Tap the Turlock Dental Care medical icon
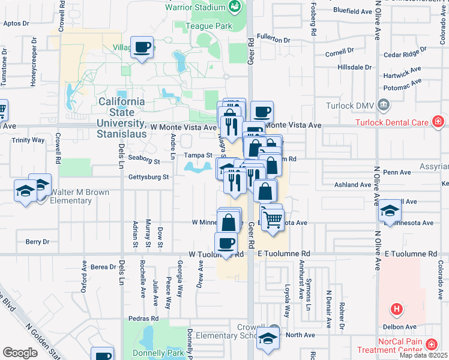(x=439, y=122)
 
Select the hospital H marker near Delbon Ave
(x=396, y=310)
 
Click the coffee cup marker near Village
(x=142, y=47)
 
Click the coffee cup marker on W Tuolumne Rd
(x=226, y=243)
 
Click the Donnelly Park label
(x=145, y=352)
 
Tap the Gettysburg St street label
(x=149, y=177)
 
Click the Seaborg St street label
(x=144, y=161)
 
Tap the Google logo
(x=20, y=353)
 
